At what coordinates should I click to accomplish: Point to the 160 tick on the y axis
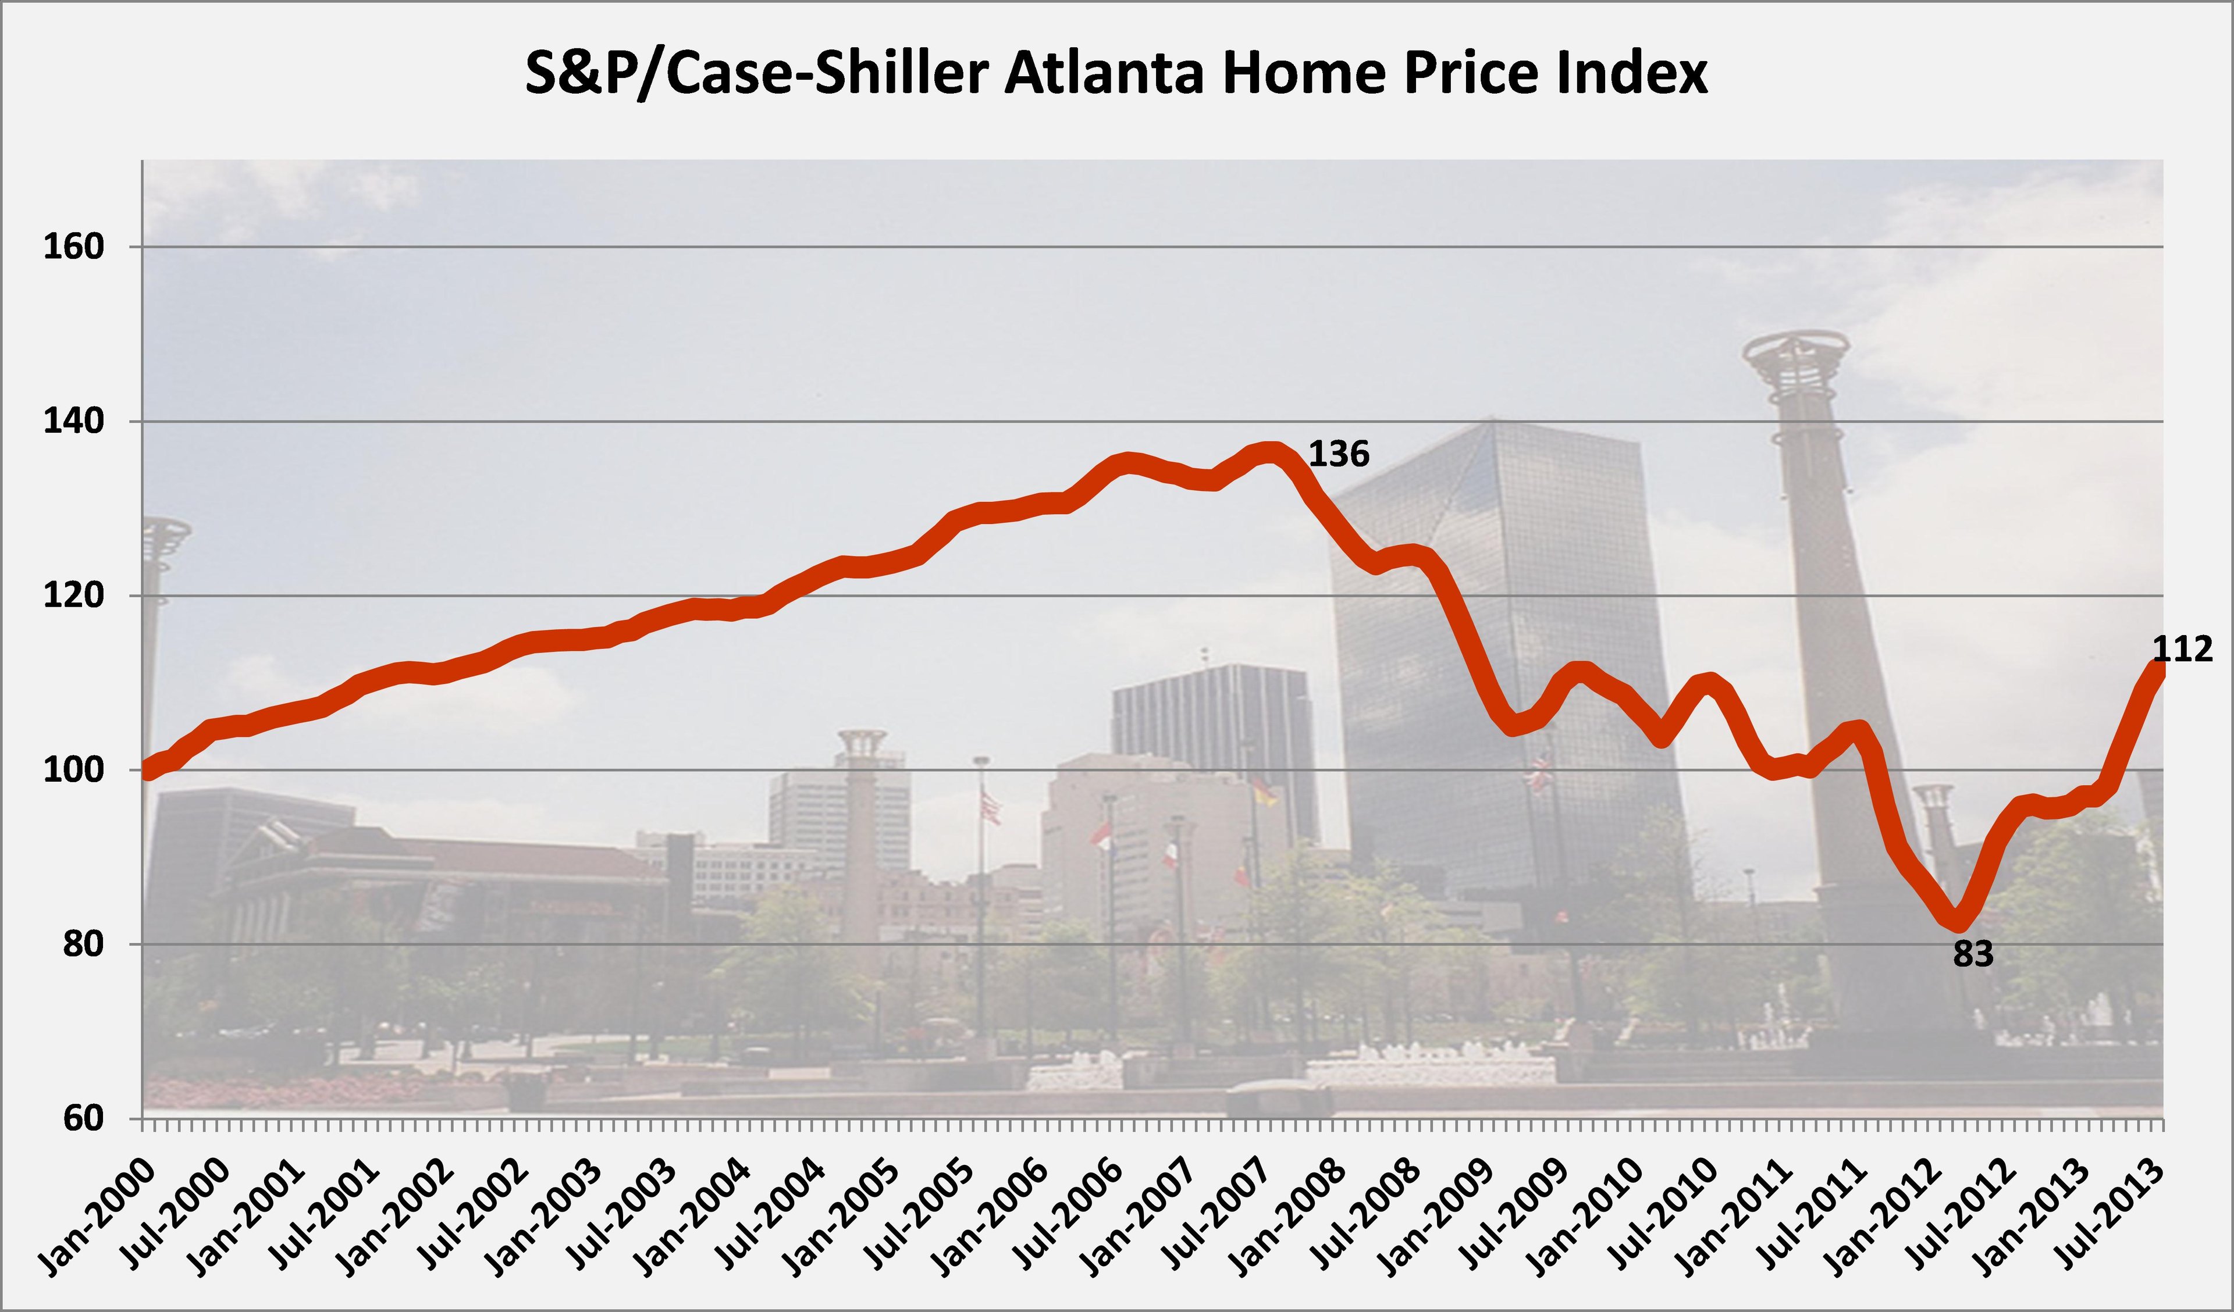73,247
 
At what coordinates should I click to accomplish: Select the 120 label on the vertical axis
73,596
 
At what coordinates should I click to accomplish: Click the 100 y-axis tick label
73,771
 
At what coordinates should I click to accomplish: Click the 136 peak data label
1339,454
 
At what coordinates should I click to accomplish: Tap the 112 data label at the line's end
2183,650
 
